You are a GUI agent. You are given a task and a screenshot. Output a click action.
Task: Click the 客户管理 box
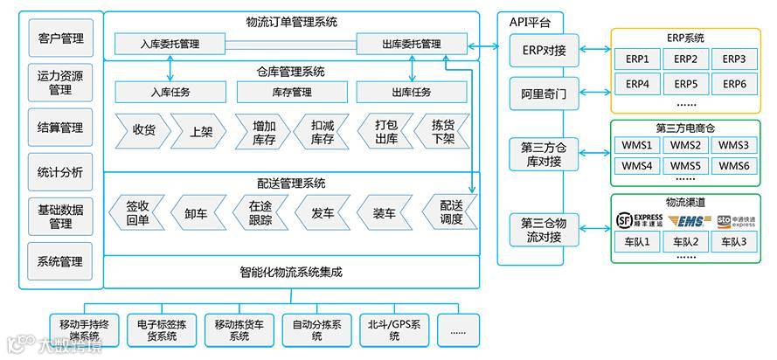coord(61,38)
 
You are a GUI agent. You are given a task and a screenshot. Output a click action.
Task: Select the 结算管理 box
coord(61,128)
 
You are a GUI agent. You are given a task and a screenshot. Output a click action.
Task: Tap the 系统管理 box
coord(61,261)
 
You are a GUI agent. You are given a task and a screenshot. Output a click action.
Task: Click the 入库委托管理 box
coord(170,43)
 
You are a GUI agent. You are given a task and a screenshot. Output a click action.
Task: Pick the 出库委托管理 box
coord(412,43)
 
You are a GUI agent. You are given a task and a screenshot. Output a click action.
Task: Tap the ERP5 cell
coord(685,84)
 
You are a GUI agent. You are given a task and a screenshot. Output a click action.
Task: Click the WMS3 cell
coord(733,144)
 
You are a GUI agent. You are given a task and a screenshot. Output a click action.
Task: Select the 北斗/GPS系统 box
coord(395,330)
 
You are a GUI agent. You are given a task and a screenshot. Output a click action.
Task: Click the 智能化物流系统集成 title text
coord(291,272)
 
